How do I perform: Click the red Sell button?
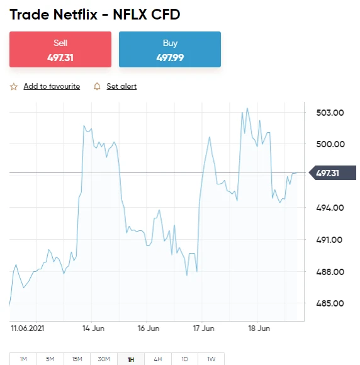pyautogui.click(x=60, y=49)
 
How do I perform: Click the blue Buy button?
pyautogui.click(x=170, y=49)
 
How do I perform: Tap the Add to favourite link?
pyautogui.click(x=52, y=86)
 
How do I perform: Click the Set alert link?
pyautogui.click(x=121, y=86)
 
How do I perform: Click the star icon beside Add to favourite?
pyautogui.click(x=14, y=87)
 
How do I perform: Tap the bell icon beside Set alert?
pyautogui.click(x=97, y=86)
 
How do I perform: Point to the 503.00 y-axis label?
pyautogui.click(x=330, y=113)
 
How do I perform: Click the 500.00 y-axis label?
pyautogui.click(x=330, y=144)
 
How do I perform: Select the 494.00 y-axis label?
pyautogui.click(x=330, y=208)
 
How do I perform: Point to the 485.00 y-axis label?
pyautogui.click(x=330, y=303)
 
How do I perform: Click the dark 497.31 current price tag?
pyautogui.click(x=332, y=173)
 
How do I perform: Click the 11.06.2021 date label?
pyautogui.click(x=28, y=328)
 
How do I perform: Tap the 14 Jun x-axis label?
pyautogui.click(x=93, y=328)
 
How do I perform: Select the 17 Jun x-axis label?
pyautogui.click(x=203, y=328)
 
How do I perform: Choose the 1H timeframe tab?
pyautogui.click(x=131, y=359)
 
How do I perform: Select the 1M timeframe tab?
pyautogui.click(x=23, y=359)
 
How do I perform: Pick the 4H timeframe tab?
pyautogui.click(x=158, y=359)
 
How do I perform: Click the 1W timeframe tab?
pyautogui.click(x=211, y=359)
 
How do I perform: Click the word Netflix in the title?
pyautogui.click(x=76, y=14)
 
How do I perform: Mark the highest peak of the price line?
pyautogui.click(x=247, y=108)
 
